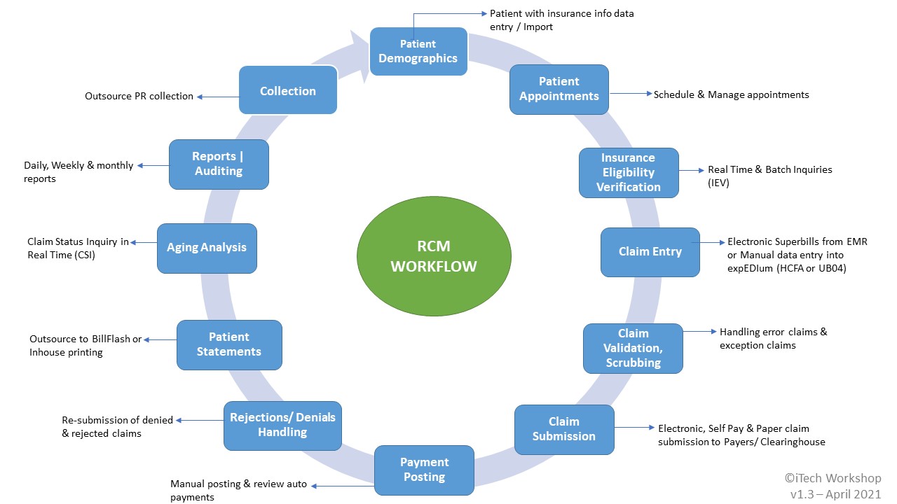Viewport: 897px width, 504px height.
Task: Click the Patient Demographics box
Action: (x=418, y=51)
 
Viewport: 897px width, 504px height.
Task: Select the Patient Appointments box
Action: (x=559, y=89)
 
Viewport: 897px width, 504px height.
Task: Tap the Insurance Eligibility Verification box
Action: (x=629, y=172)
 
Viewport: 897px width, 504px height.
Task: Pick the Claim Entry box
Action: (x=650, y=252)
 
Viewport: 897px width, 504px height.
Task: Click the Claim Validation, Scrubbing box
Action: (x=633, y=348)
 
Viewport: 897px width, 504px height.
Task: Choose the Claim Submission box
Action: (x=564, y=429)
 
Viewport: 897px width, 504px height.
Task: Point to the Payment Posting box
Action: (x=424, y=470)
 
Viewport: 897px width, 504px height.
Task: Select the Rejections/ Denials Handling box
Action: (x=282, y=425)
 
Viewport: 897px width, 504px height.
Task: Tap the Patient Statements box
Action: (x=229, y=344)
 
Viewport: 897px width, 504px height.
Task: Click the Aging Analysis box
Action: (x=207, y=248)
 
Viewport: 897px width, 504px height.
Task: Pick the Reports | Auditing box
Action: (x=219, y=164)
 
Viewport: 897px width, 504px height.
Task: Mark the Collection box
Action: (x=287, y=90)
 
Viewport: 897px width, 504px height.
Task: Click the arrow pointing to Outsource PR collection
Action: (x=217, y=97)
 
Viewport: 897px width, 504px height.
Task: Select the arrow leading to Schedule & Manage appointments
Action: (x=630, y=94)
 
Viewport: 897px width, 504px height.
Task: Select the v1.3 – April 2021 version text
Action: (x=835, y=493)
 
